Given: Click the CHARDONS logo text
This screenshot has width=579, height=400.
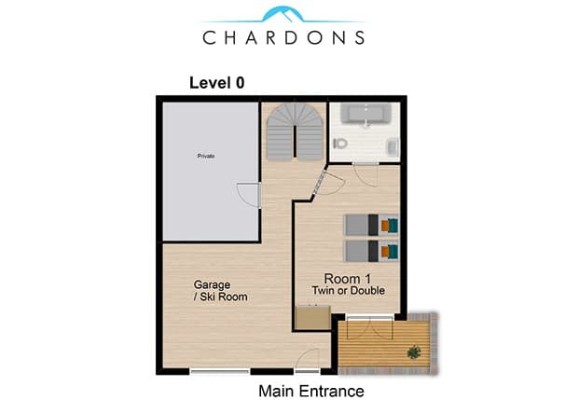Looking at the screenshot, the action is pos(283,37).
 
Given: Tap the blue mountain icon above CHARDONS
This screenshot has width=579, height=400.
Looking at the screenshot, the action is pos(283,14).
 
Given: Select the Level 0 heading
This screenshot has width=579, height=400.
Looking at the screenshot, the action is pos(216,83).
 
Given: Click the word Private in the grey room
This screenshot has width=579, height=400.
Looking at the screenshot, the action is pos(206,156).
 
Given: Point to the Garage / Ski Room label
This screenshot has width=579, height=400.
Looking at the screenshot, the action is pos(220,291).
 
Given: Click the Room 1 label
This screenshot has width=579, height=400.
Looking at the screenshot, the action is pos(347,279).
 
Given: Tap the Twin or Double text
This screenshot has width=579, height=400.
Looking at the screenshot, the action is pos(348,291).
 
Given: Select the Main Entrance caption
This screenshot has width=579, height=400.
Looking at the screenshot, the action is pos(311,391).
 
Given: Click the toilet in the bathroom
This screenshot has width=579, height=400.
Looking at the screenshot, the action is pos(340,143).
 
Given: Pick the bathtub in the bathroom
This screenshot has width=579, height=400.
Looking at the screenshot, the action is pos(365,113).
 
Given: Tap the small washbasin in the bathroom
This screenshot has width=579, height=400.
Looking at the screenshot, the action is pos(392,146).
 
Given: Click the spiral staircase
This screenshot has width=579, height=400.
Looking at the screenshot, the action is pos(295,131).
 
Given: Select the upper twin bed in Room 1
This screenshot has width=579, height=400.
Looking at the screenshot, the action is pos(371,225).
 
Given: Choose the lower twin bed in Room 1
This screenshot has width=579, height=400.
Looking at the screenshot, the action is pos(371,251).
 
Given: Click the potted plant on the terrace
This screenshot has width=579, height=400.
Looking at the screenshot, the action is pos(414,352).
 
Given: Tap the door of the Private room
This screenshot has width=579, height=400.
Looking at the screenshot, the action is pos(250,195).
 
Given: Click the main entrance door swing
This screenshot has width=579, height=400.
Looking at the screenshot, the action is pos(308,359).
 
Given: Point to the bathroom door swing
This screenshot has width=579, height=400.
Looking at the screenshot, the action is pos(365,174).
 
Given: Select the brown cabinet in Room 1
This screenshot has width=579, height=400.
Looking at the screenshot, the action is pos(313,318).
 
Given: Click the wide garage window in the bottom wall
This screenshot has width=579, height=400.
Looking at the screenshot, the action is pos(220,371).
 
